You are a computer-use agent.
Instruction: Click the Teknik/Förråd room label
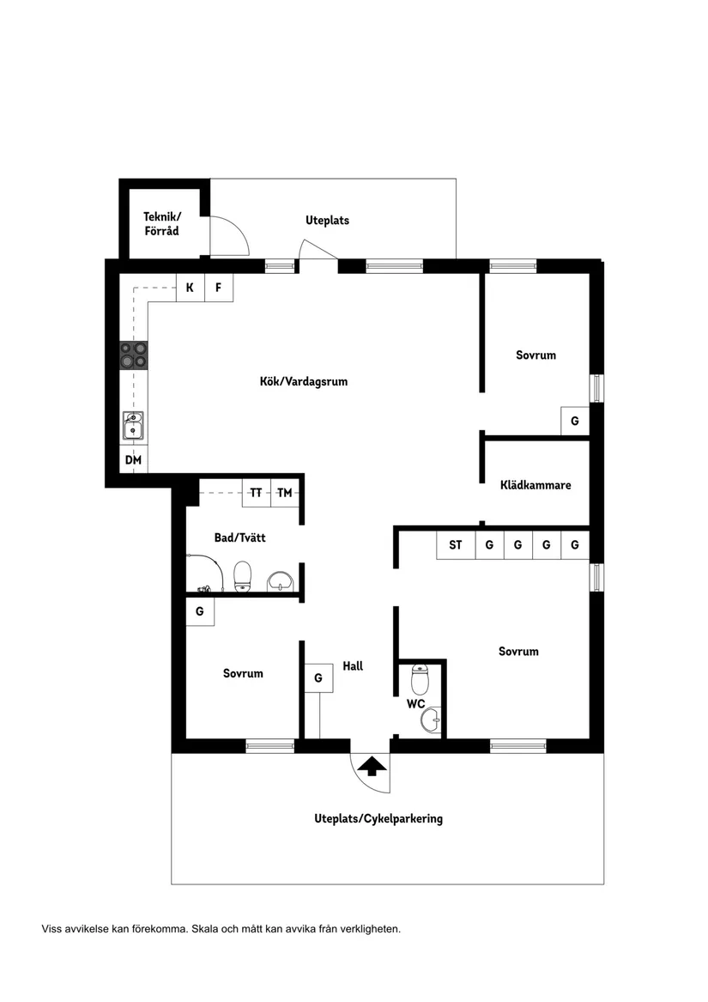[161, 223]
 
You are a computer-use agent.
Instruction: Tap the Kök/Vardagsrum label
[304, 381]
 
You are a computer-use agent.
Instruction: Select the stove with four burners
[133, 355]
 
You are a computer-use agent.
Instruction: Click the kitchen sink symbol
[133, 426]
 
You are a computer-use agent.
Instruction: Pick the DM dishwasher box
[133, 460]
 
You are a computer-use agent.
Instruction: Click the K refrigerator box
[190, 288]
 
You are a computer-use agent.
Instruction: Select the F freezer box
[219, 288]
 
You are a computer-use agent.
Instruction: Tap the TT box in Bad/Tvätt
[256, 493]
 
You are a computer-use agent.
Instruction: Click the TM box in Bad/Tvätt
[285, 493]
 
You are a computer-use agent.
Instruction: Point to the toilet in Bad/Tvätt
[243, 575]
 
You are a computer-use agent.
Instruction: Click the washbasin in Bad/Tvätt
[280, 582]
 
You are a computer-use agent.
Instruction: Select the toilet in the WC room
[420, 680]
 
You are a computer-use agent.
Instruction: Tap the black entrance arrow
[372, 765]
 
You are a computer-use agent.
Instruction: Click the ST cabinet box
[455, 545]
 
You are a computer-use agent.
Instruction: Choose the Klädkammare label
[536, 485]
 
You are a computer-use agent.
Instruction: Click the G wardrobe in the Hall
[318, 677]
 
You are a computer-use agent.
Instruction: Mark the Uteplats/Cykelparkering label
[378, 818]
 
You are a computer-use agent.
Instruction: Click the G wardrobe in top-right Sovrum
[574, 421]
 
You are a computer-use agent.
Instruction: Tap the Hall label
[353, 665]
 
